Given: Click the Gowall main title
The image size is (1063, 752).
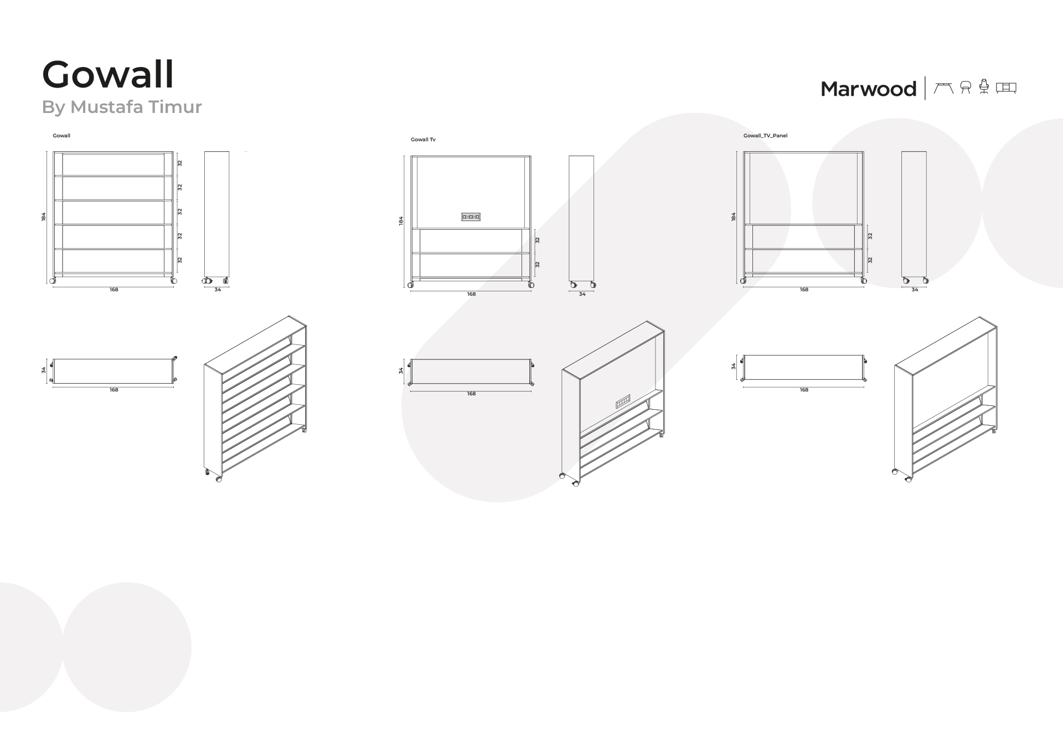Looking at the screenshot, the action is click(x=108, y=75).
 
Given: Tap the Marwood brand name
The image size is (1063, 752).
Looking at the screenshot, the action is click(x=868, y=89).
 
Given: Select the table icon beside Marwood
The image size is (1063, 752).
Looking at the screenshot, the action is click(x=943, y=87).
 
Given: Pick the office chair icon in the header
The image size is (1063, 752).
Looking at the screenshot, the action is click(x=984, y=87).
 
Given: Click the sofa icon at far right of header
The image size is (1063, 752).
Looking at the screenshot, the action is click(x=1006, y=87).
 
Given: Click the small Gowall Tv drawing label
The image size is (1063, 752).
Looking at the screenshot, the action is click(x=423, y=140).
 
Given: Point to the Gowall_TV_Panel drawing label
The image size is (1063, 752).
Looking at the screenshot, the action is click(x=765, y=136).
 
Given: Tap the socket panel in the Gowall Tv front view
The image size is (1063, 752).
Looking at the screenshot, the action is click(x=471, y=217).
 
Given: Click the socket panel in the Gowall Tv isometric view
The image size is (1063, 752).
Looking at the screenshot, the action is click(x=623, y=401).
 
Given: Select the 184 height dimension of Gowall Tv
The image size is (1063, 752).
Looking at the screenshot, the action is click(x=401, y=220).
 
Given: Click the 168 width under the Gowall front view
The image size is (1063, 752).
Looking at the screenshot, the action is click(x=113, y=290).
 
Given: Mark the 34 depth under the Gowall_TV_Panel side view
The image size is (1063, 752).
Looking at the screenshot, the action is click(x=915, y=290).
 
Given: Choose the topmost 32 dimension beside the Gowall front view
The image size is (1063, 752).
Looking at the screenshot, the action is click(x=180, y=163).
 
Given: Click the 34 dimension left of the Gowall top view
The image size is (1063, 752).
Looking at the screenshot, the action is click(x=44, y=370).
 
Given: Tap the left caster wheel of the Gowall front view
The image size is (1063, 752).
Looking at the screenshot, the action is click(x=53, y=281).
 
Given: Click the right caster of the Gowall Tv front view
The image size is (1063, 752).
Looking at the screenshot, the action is click(x=531, y=285).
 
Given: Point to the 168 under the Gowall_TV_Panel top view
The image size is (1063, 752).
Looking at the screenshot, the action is click(x=804, y=390).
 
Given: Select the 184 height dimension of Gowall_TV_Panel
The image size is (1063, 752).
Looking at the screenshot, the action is click(x=734, y=217).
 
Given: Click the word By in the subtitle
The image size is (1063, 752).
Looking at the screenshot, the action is click(x=54, y=107).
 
